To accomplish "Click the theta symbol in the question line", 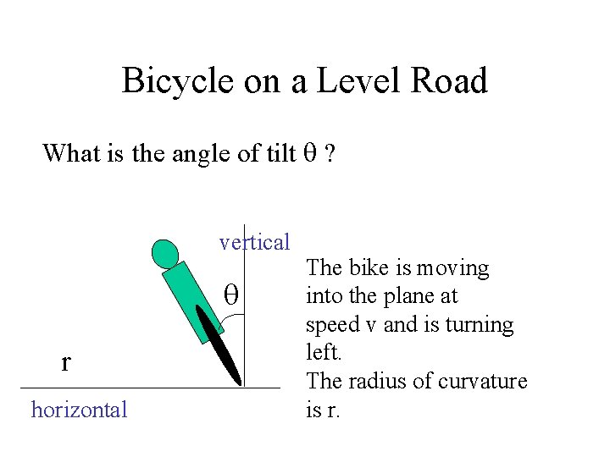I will [309, 153].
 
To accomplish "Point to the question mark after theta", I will [329, 153].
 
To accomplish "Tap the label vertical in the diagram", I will [254, 242].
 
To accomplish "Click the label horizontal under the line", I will [79, 410].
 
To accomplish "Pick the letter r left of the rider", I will [66, 362].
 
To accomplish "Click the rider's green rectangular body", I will [189, 300].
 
